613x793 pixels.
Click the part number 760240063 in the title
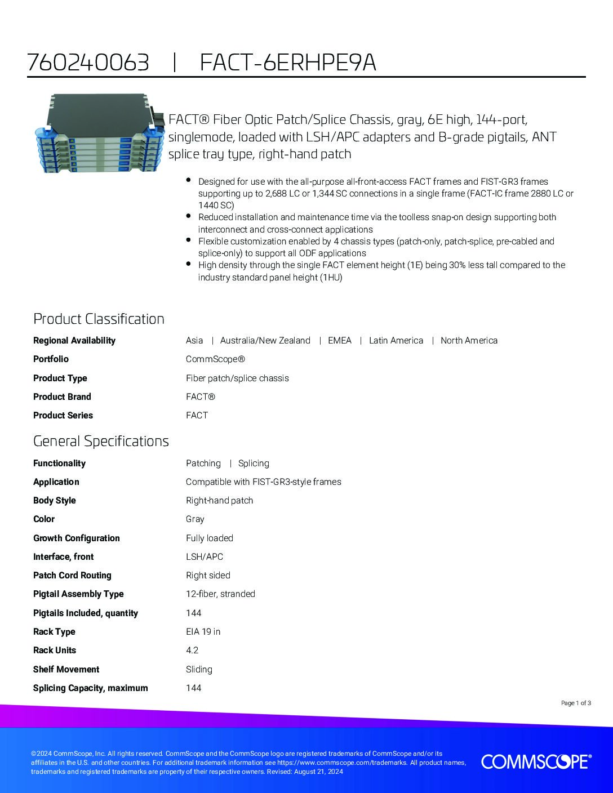(x=88, y=63)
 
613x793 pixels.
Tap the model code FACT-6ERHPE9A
(x=288, y=63)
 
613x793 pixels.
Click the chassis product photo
(x=98, y=133)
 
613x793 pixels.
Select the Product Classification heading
(x=99, y=319)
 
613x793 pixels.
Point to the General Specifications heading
(x=101, y=440)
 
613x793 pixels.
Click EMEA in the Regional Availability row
(x=339, y=340)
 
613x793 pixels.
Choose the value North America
(x=469, y=340)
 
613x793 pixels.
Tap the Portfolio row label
(x=51, y=359)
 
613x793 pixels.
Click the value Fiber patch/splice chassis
(x=237, y=378)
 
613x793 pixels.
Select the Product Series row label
(x=63, y=415)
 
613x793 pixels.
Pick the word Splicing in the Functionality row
(x=254, y=463)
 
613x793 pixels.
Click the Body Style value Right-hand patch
(x=219, y=500)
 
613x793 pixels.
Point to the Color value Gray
(x=195, y=519)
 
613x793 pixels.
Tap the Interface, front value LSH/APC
(x=205, y=556)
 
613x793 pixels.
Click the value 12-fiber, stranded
(x=220, y=594)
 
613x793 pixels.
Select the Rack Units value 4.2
(x=192, y=650)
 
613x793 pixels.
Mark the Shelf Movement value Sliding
(x=199, y=669)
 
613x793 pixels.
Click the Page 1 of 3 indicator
(x=576, y=703)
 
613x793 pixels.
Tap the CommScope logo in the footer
(x=536, y=761)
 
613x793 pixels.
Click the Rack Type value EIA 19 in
(x=203, y=631)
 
